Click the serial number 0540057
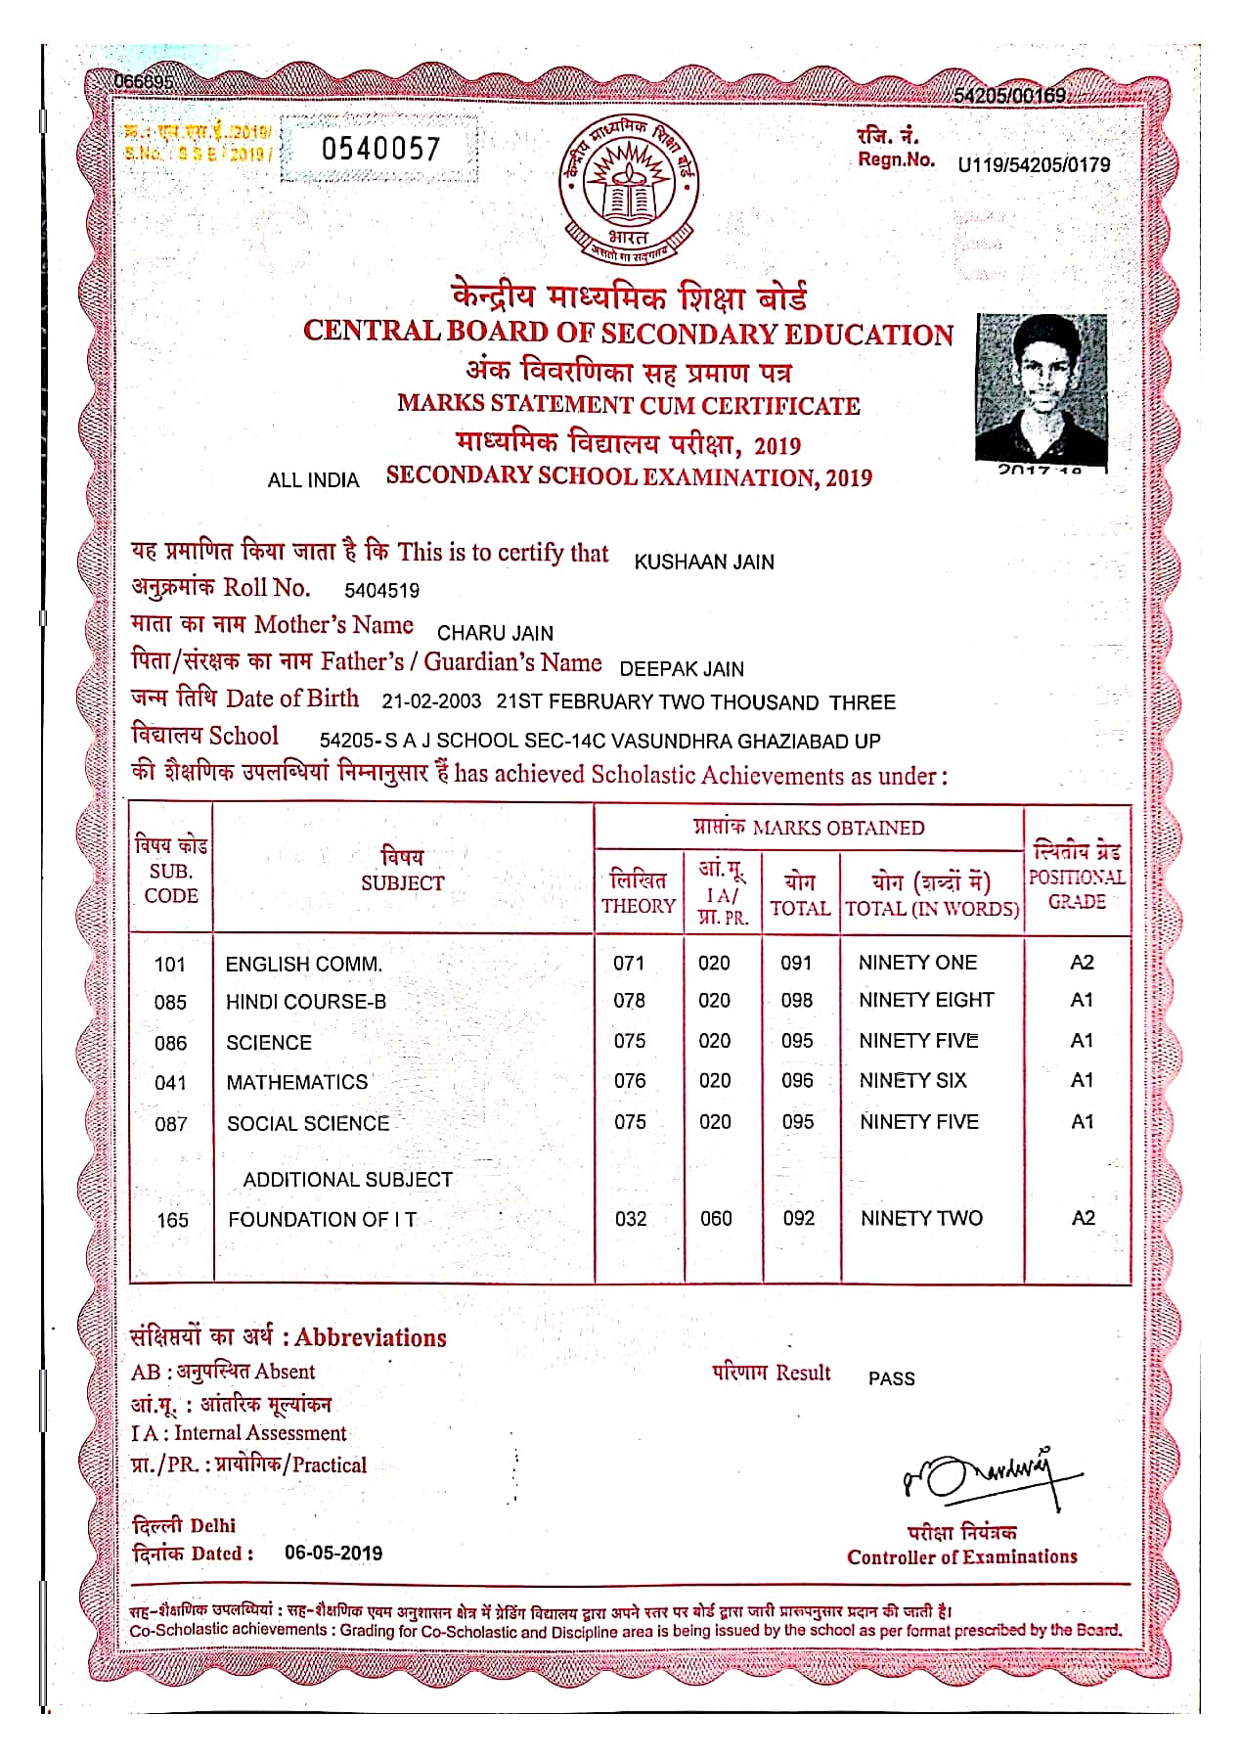point(380,149)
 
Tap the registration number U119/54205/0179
point(1034,164)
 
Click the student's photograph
point(1042,388)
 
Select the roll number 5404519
point(381,590)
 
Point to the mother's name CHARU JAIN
point(495,633)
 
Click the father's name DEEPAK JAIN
point(682,669)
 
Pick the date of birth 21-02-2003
point(431,701)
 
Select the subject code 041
point(170,1083)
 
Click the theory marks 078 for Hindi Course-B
point(629,1001)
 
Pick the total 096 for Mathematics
point(797,1080)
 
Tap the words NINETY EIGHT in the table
point(925,1000)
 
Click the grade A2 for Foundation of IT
point(1083,1218)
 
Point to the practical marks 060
point(716,1218)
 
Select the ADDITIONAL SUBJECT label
point(347,1180)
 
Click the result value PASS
point(891,1378)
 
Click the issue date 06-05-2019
point(333,1553)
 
